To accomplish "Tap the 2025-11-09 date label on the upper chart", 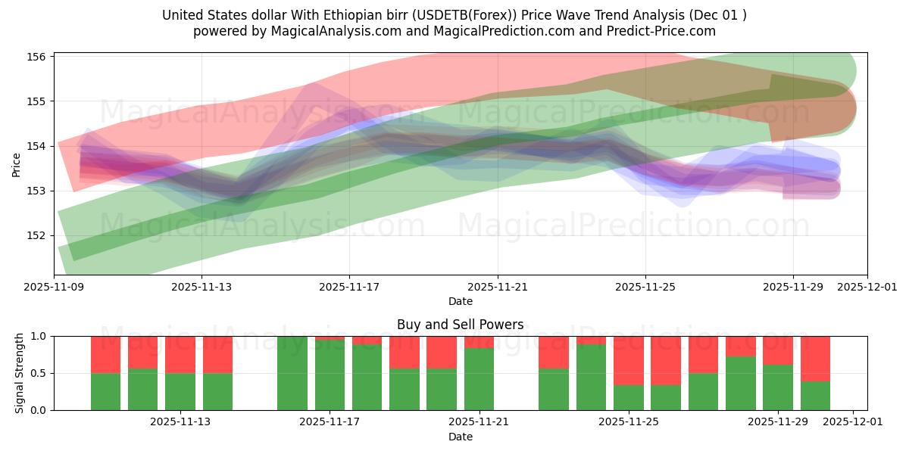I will coord(54,288).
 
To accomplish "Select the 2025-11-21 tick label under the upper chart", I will coord(498,288).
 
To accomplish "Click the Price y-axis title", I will coord(17,163).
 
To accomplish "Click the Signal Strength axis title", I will coord(20,373).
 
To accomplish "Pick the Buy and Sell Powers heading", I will coord(460,325).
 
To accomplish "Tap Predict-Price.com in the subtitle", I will coord(664,31).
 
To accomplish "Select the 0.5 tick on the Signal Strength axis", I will coord(38,373).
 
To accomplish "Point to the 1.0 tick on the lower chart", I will coord(38,336).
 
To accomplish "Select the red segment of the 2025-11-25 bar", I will coord(628,360).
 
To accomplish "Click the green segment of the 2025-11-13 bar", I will coord(180,392).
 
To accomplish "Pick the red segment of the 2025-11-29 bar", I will coord(778,350).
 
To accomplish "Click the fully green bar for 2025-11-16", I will coord(292,373).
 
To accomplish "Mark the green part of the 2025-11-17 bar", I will coord(330,375).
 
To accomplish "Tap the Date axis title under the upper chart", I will coord(460,301).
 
